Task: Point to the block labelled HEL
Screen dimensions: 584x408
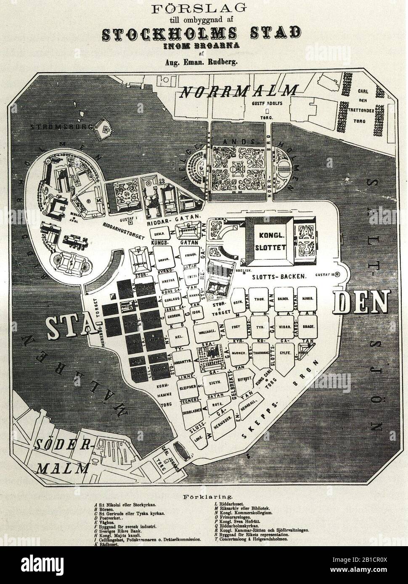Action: pyautogui.click(x=178, y=337)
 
